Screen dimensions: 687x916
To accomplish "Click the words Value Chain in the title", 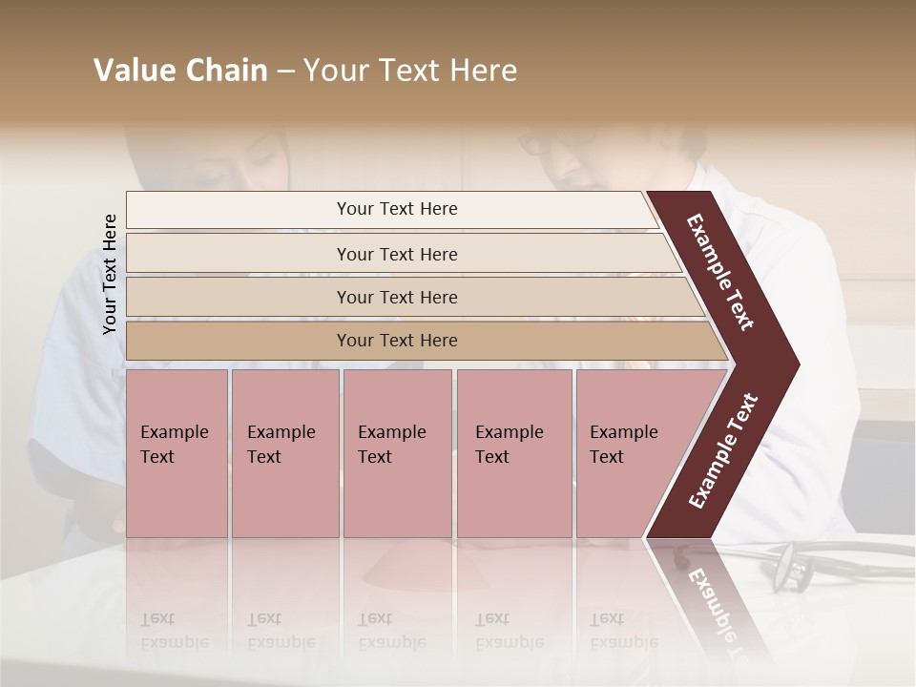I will coord(180,71).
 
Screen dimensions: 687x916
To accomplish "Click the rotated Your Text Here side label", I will coord(110,274).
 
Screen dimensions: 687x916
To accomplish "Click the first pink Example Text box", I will coord(177,452).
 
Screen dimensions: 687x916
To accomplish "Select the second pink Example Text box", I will coord(284,452).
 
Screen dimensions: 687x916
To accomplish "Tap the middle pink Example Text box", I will coord(397,452).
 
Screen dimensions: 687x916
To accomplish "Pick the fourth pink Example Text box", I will coord(513,452).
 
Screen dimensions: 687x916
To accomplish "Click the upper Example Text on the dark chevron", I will coord(721,272).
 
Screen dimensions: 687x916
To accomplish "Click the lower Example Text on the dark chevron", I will coord(723,450).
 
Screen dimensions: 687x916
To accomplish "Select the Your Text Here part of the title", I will coord(410,71).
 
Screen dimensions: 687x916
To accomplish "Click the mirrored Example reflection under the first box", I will coord(174,642).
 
